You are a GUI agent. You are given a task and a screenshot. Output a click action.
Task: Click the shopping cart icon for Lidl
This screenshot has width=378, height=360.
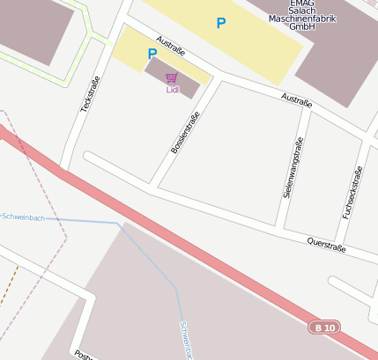pos(171,77)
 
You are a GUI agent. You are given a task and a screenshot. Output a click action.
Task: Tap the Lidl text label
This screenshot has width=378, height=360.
pos(171,89)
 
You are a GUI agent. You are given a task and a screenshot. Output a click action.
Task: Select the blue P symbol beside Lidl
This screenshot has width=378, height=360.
pos(152,54)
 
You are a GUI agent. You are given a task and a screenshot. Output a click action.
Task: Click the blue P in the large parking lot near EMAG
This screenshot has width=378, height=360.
pos(220,23)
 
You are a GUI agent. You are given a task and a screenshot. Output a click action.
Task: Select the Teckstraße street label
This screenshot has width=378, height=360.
pos(90,93)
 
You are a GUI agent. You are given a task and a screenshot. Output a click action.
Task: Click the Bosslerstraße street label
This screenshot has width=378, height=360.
pos(185,133)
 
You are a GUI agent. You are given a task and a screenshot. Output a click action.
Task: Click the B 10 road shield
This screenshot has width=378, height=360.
pos(323,327)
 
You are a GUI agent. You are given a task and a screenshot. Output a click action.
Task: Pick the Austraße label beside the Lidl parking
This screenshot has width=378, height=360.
pos(170,46)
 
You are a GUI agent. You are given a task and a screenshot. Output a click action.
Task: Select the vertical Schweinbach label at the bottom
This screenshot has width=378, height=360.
pos(185,339)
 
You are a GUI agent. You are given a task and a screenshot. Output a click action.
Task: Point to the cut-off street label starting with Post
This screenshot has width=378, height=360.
pos(85,355)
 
